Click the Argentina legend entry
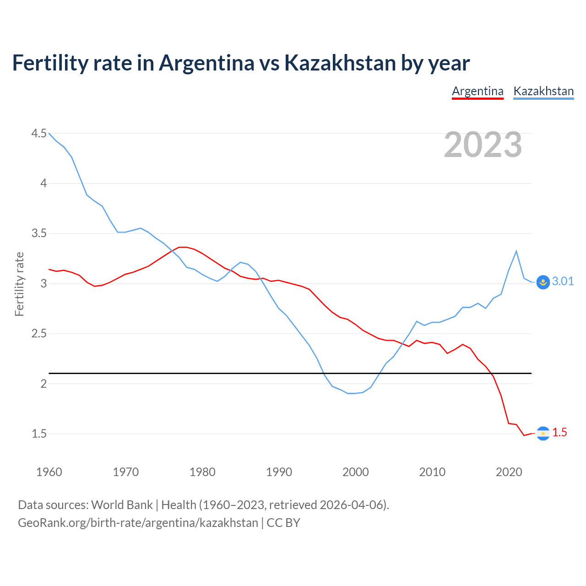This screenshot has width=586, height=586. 477,91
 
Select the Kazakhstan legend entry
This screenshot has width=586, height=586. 543,91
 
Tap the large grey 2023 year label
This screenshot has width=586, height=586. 483,145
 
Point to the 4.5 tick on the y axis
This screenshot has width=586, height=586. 39,134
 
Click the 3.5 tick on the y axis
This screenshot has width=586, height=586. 39,233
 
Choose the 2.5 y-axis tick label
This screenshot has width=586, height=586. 39,334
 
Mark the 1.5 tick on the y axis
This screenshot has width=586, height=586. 39,434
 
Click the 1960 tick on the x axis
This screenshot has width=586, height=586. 49,472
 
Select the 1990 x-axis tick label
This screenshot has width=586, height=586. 279,472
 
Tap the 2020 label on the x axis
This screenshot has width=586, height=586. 509,472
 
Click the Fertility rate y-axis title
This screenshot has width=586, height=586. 19,284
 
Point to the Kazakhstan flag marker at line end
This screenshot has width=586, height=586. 543,282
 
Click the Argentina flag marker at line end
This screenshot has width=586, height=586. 543,433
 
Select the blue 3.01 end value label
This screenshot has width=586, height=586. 563,282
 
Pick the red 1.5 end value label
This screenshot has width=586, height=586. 559,433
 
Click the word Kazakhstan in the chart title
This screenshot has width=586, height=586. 340,63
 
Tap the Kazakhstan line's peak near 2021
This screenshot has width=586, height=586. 516,251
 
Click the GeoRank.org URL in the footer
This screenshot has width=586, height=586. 138,523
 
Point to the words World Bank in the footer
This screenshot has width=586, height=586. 122,505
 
